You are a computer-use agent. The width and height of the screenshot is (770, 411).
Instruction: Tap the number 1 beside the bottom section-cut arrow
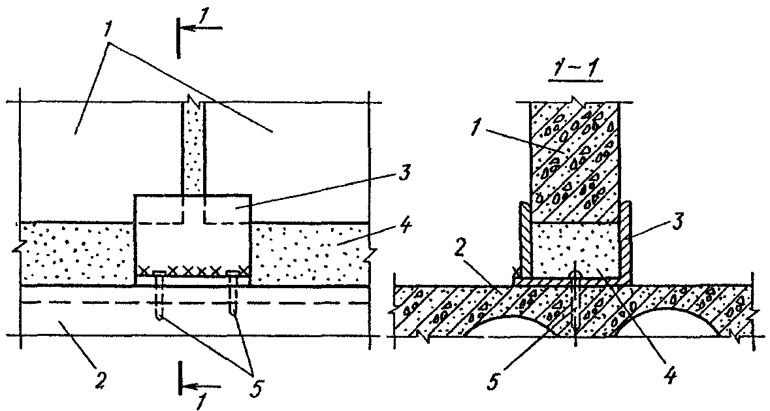coord(200,399)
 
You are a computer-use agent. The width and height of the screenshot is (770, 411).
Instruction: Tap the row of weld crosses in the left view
coord(193,269)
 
